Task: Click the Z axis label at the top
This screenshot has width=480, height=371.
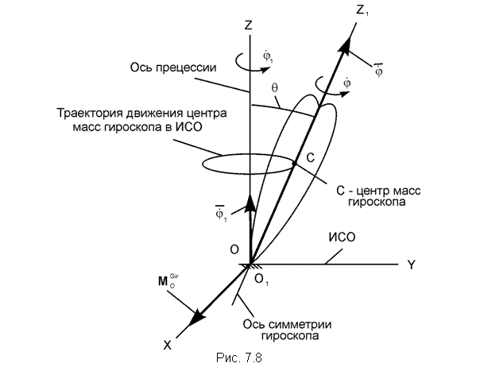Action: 248,25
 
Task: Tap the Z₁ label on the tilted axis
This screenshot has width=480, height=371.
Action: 362,11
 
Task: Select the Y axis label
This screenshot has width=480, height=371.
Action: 411,265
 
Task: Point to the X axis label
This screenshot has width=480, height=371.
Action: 167,346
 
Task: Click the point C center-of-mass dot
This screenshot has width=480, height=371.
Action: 295,164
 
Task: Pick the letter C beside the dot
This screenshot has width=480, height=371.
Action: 310,158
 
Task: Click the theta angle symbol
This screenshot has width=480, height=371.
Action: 275,88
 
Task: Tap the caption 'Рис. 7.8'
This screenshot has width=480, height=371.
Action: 239,357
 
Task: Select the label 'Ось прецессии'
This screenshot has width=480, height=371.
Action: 173,68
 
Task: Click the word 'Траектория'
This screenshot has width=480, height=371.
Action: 90,113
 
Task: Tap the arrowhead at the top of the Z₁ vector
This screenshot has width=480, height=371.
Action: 344,44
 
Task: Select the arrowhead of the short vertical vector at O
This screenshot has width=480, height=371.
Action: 251,203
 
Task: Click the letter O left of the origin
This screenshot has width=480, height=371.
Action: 234,249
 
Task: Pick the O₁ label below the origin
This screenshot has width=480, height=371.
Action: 261,279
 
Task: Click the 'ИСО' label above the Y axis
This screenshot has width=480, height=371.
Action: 342,238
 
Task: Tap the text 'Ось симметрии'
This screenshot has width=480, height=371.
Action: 287,324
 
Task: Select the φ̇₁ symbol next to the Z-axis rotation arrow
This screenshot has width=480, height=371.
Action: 268,57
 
